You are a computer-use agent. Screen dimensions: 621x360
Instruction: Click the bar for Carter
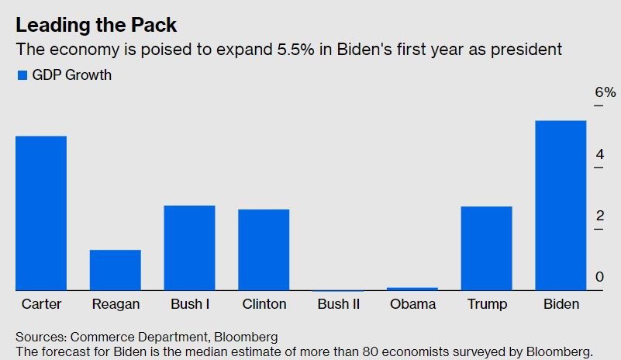pos(41,213)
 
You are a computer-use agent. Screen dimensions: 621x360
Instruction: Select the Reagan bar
pos(116,270)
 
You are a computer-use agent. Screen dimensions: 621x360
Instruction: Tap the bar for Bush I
pos(190,247)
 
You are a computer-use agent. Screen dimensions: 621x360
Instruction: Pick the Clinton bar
pos(264,250)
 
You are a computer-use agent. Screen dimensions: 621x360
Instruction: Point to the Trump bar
pos(487,248)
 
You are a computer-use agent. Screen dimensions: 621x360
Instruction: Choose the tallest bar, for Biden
pos(561,206)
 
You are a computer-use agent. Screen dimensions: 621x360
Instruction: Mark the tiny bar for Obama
pos(412,289)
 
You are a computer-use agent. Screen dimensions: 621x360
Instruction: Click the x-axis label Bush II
pos(339,304)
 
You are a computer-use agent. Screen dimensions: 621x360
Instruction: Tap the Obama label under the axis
pos(412,304)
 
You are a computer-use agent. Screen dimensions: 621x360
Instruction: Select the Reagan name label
pos(116,304)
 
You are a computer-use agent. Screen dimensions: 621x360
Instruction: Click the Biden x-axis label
pos(561,304)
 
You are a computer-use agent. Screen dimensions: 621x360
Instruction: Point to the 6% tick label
pos(605,92)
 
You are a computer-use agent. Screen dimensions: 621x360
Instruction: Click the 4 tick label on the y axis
pos(599,154)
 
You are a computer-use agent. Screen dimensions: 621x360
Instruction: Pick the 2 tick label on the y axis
pos(599,216)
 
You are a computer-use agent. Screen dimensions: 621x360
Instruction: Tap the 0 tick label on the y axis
pos(599,277)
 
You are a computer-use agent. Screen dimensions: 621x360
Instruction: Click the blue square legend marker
pos(22,75)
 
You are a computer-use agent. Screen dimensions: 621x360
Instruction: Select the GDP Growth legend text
pos(71,75)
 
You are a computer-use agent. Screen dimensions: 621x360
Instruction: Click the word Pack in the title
pos(154,25)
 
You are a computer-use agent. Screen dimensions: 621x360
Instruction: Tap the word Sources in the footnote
pos(41,337)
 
